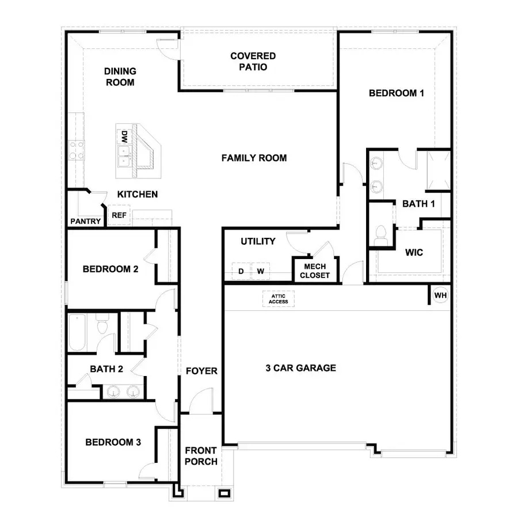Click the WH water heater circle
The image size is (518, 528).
click(441, 295)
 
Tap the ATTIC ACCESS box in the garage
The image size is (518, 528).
click(278, 299)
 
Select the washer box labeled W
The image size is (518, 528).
click(261, 271)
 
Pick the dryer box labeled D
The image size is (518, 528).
click(241, 271)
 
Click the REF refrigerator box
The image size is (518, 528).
click(119, 215)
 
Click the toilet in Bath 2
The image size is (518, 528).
click(102, 326)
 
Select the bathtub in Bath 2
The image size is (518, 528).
click(77, 332)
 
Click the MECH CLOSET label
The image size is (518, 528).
click(315, 271)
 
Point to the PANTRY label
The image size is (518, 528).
click(86, 221)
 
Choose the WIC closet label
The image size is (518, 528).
click(414, 252)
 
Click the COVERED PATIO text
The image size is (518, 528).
click(253, 62)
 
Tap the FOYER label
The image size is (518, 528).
click(201, 371)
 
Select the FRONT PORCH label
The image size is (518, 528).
click(201, 456)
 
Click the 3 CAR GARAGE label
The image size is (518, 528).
click(300, 368)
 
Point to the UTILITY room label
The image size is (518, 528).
click(258, 241)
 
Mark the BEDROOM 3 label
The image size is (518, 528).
click(113, 442)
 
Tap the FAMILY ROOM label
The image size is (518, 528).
click(254, 158)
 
